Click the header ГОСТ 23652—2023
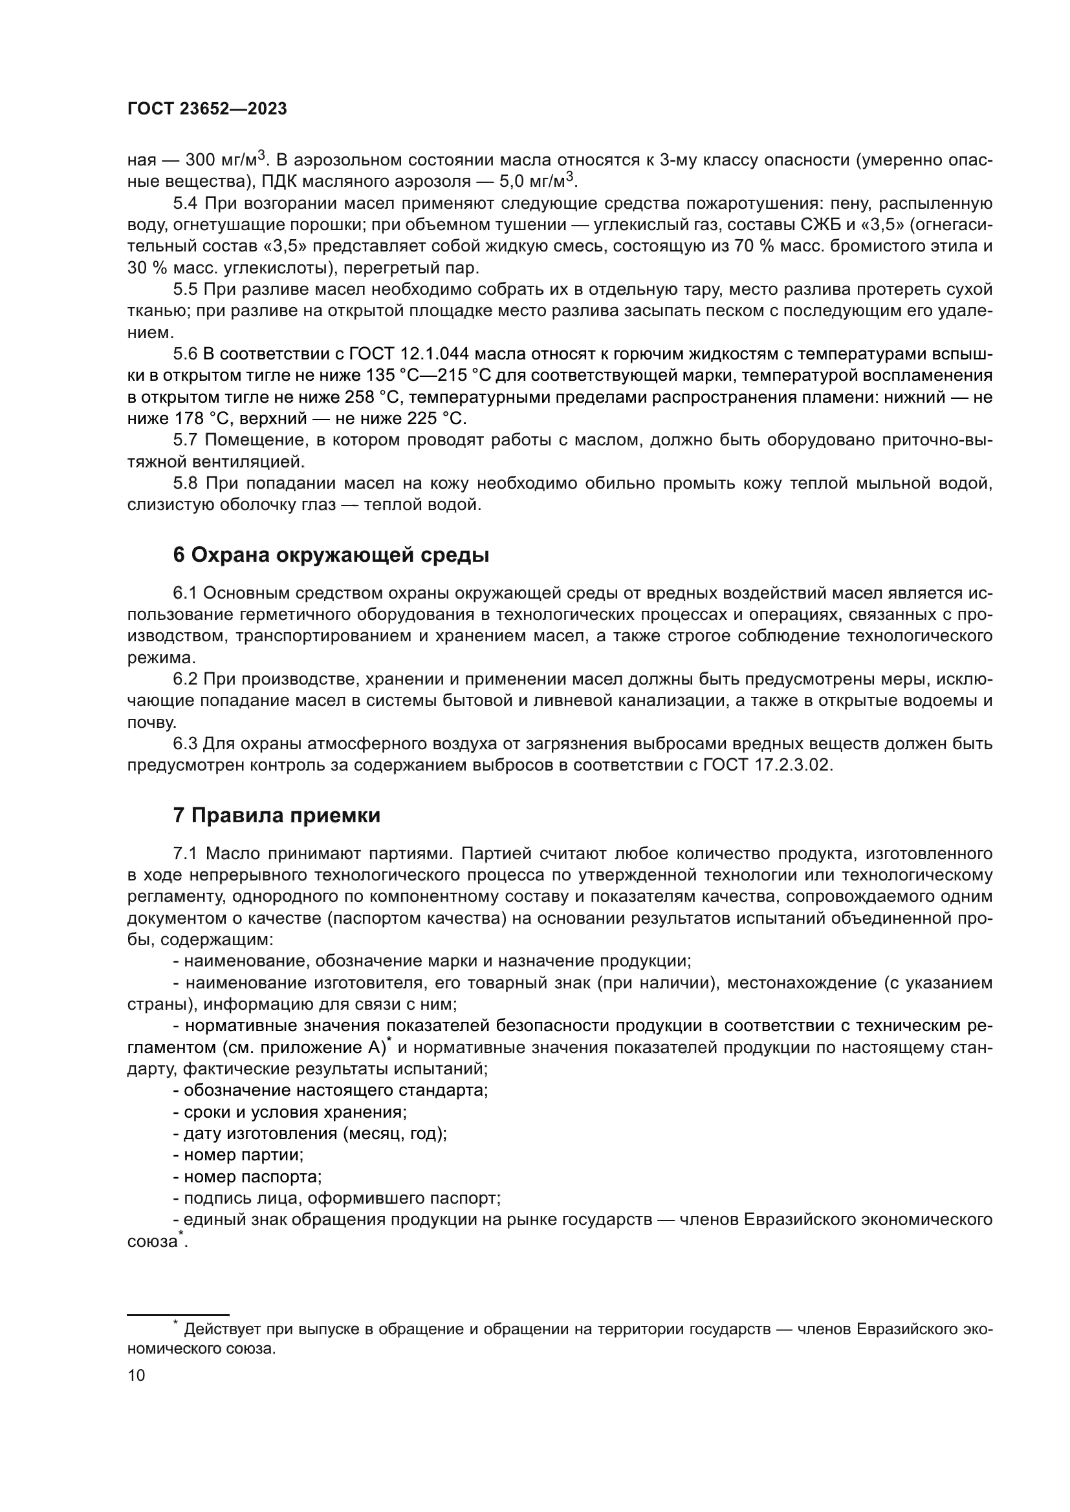click(x=207, y=109)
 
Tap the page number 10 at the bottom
click(x=136, y=1375)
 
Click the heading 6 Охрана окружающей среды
click(x=331, y=555)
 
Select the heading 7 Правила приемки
click(x=277, y=815)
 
